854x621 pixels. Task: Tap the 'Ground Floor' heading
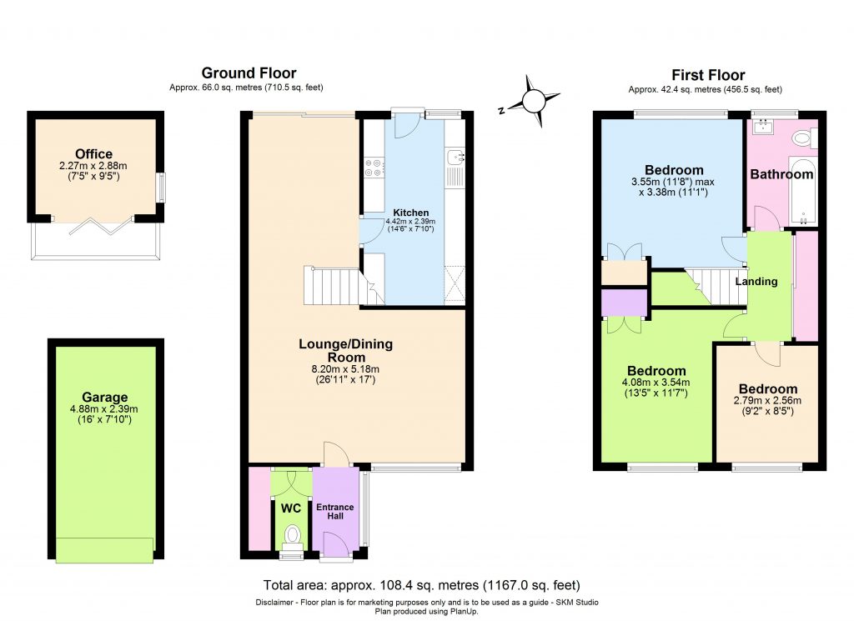[x=249, y=73]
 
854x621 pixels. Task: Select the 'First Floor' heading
[x=708, y=75]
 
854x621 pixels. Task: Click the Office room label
[x=93, y=154]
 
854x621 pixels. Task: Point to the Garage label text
[x=105, y=398]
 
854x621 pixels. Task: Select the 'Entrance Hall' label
[x=334, y=512]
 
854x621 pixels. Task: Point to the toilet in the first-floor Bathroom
[x=803, y=138]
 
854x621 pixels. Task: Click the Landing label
[x=756, y=282]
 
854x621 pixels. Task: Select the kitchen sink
[x=455, y=157]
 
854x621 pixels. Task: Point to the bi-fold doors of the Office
[x=94, y=224]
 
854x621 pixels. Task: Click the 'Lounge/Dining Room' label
[x=345, y=350]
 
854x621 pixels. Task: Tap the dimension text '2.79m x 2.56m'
[x=766, y=401]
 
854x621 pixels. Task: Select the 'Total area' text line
[x=421, y=585]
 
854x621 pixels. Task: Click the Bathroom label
[x=781, y=174]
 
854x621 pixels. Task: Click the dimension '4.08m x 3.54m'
[x=656, y=383]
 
